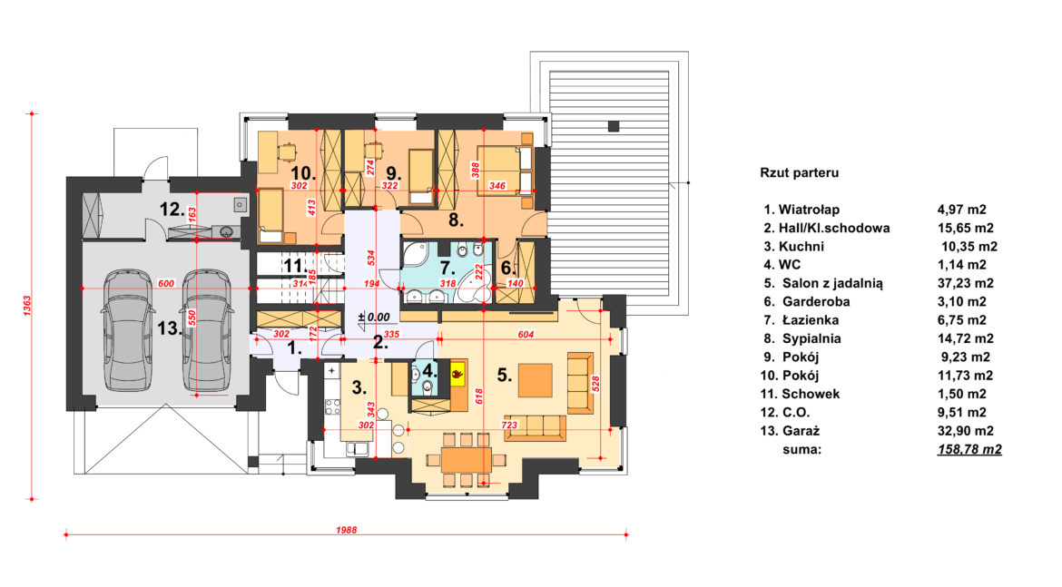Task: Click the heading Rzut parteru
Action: coord(799,172)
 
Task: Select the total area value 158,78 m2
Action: coord(969,449)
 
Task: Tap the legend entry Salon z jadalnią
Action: coord(832,284)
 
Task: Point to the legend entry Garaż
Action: coord(801,431)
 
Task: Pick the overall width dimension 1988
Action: coord(346,530)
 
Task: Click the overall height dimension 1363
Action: coord(28,306)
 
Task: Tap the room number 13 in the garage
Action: coord(170,329)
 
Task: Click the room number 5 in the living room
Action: coord(504,375)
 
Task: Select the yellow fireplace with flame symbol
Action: coord(458,372)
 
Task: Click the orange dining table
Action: coord(466,460)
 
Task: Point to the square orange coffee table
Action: coord(535,380)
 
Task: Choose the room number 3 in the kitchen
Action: coord(359,388)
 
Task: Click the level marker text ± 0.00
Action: coord(374,317)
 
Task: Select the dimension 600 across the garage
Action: coord(166,284)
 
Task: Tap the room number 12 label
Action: coord(172,210)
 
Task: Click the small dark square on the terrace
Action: coord(614,126)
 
